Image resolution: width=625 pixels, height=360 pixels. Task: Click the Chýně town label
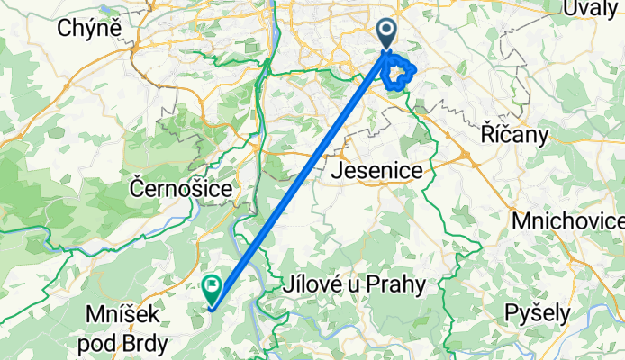pos(90,29)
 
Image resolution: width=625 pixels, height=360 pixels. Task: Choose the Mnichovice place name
pos(567,220)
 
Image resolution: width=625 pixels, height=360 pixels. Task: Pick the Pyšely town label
pos(539,312)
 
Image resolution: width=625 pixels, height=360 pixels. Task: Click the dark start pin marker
pos(386,33)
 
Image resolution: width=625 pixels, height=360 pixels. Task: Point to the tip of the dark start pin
pos(386,49)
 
